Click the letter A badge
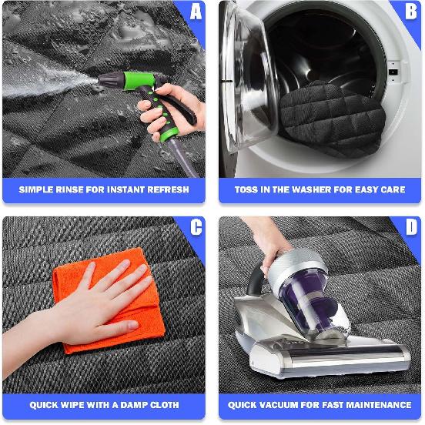pos(196,12)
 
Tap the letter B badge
pos(411,12)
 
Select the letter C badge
pos(196,227)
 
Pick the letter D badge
pos(411,227)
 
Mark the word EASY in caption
pos(358,189)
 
